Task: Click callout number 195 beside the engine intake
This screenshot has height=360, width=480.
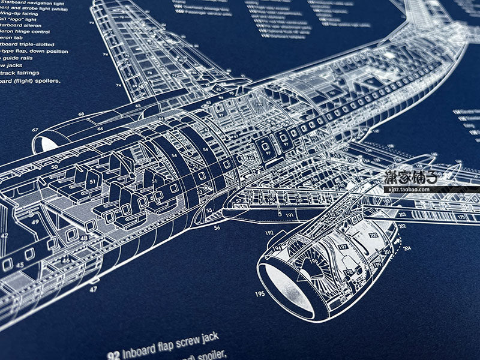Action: (260, 294)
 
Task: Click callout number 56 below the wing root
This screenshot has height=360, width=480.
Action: (217, 228)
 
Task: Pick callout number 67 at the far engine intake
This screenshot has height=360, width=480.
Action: (35, 130)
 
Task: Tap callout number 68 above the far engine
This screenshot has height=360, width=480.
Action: (81, 114)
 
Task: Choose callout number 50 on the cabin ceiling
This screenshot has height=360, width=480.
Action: (54, 167)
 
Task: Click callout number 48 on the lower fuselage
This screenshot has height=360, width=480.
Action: (84, 238)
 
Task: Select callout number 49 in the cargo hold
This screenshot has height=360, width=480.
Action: (35, 222)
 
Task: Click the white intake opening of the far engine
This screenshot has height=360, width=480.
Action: (46, 144)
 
